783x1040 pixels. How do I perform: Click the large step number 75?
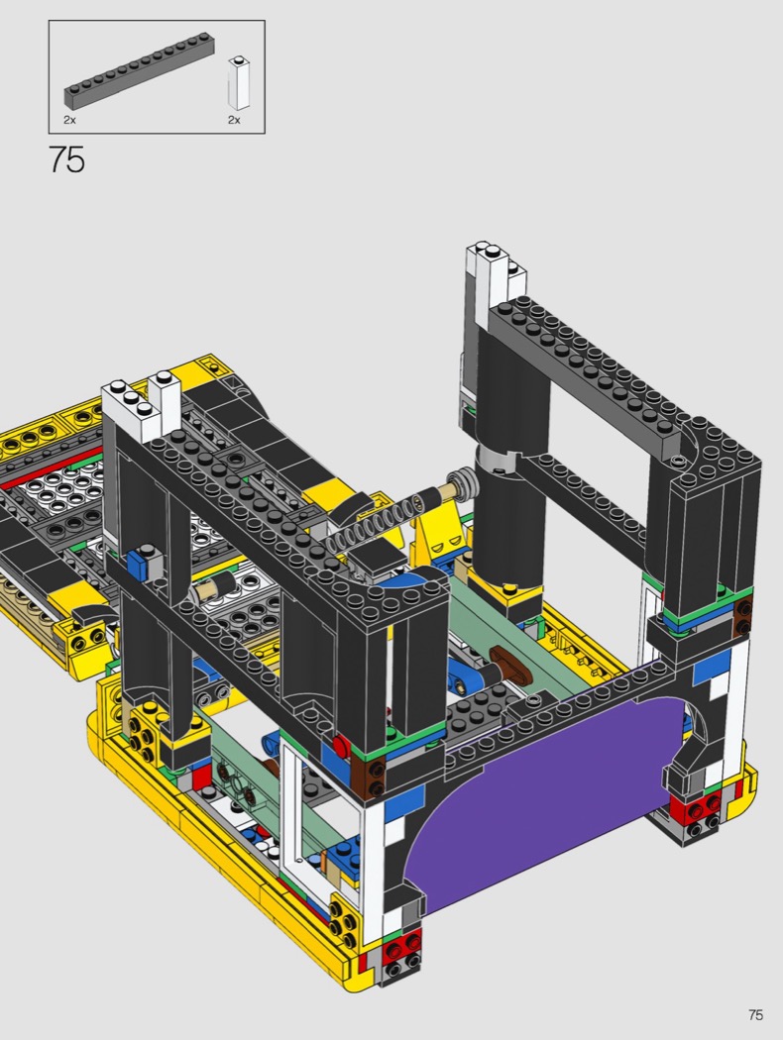pos(67,159)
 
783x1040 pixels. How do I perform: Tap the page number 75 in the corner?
pos(755,1015)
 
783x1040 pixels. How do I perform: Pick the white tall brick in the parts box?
pos(239,83)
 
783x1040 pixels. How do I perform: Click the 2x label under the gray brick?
pos(69,120)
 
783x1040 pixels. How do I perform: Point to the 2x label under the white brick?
pos(234,120)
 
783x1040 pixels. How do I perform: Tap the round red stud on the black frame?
pos(341,746)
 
